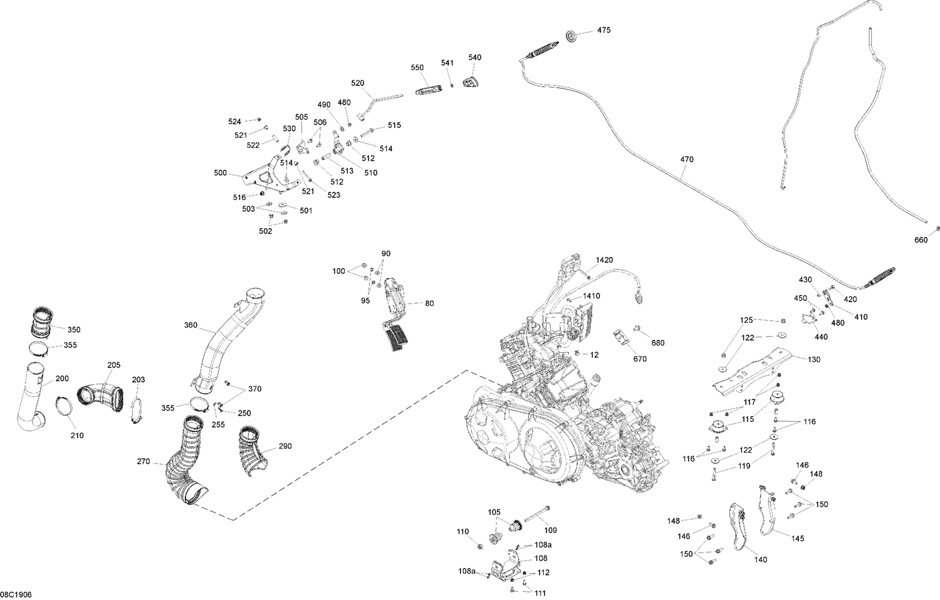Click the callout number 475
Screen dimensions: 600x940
pyautogui.click(x=603, y=30)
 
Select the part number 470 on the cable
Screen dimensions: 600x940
pyautogui.click(x=687, y=159)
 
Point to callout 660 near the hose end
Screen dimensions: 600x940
pyautogui.click(x=921, y=239)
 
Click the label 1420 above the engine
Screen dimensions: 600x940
pyautogui.click(x=604, y=260)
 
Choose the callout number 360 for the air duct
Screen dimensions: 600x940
pyautogui.click(x=191, y=325)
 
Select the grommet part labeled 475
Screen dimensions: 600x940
pyautogui.click(x=572, y=37)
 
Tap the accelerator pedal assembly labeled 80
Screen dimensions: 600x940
pyautogui.click(x=394, y=313)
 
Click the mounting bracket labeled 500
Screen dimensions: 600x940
pyautogui.click(x=266, y=176)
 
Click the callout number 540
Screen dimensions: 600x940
pyautogui.click(x=475, y=57)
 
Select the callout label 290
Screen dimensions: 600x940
pyautogui.click(x=285, y=446)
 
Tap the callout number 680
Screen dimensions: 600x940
pyautogui.click(x=657, y=343)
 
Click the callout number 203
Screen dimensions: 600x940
pyautogui.click(x=138, y=379)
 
